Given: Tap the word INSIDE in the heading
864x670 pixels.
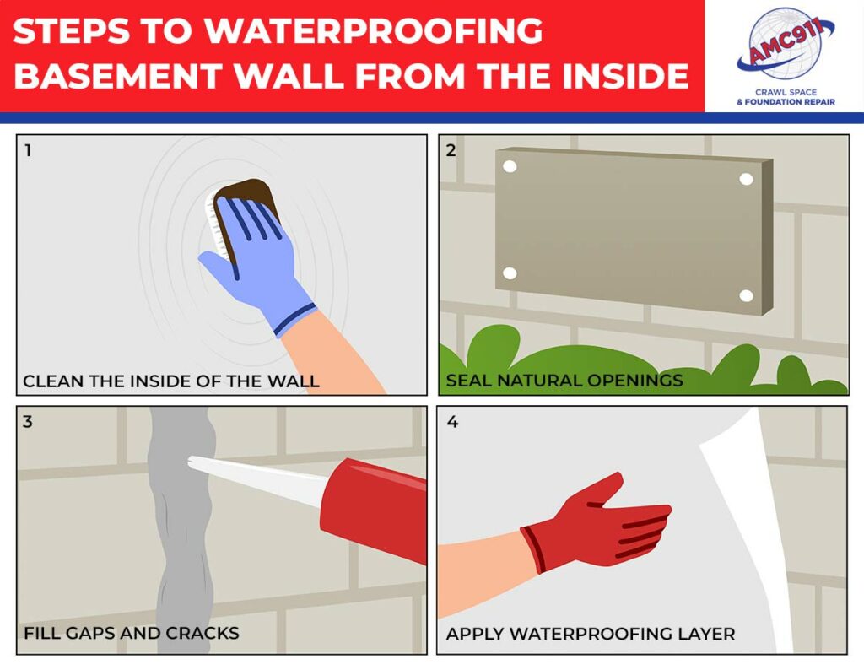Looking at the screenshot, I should (x=617, y=77).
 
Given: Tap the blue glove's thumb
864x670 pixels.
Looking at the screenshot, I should (x=216, y=268).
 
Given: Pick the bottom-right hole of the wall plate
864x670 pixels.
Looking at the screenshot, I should (x=746, y=295).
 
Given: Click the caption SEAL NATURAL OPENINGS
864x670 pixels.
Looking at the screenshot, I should (x=564, y=381).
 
